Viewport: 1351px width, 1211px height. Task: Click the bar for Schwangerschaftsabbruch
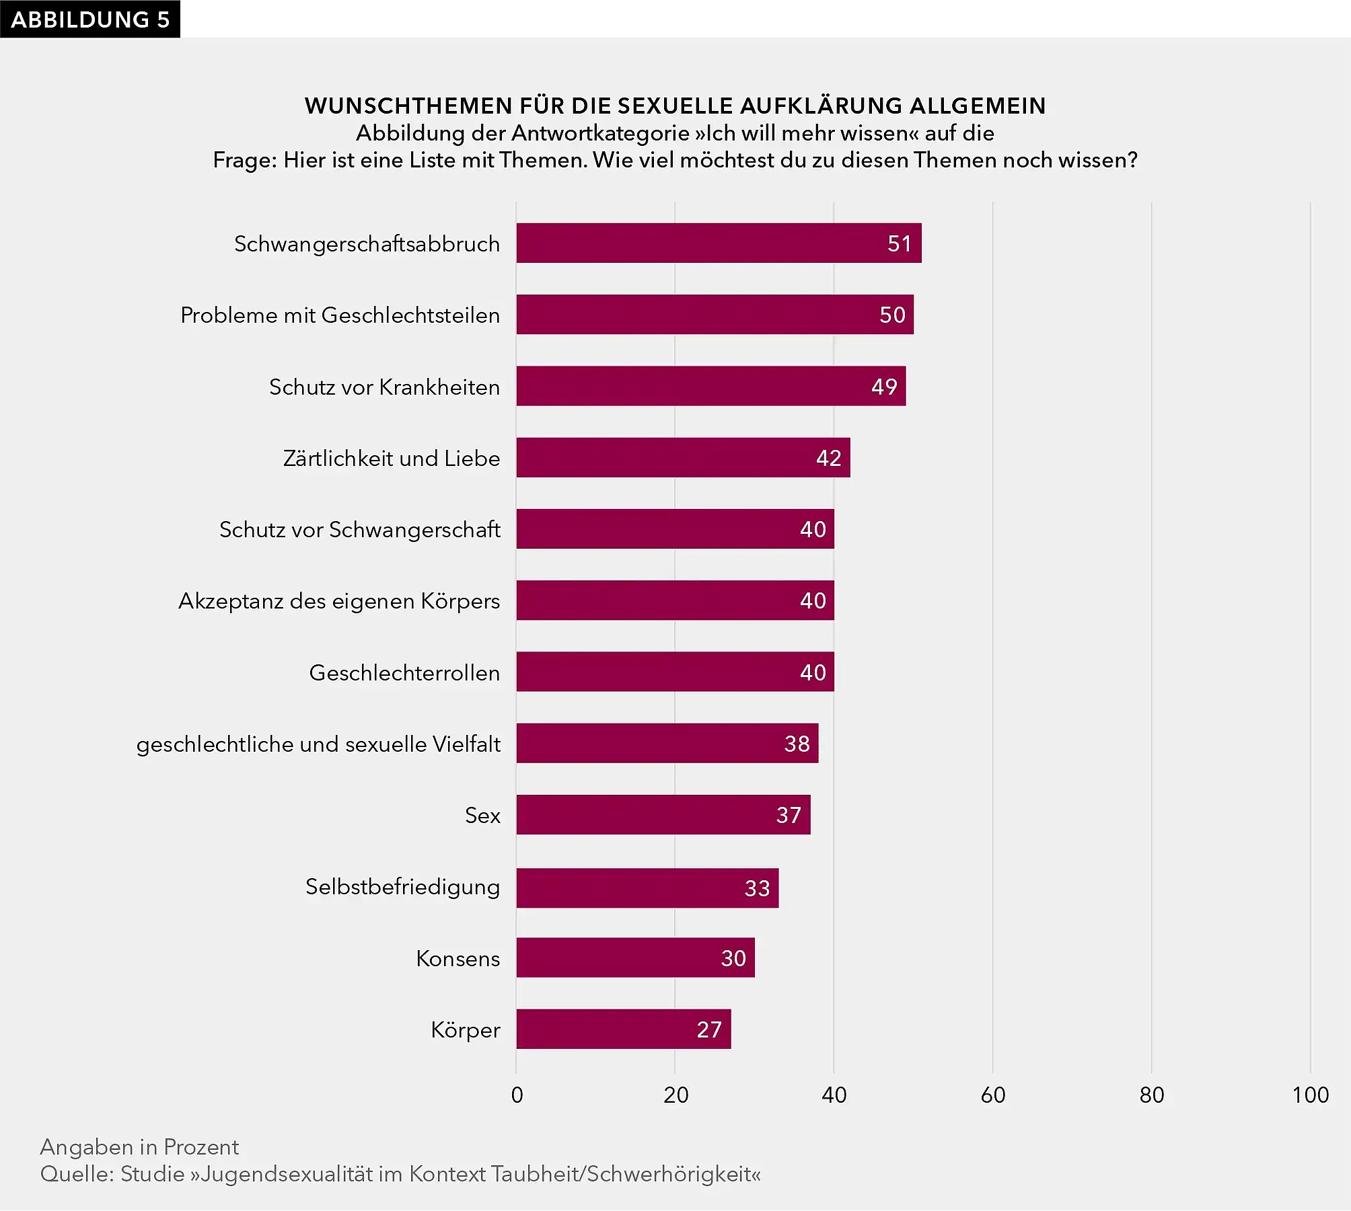(719, 243)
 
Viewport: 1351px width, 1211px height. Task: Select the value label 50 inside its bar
(892, 315)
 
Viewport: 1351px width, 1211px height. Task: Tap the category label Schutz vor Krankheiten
(384, 387)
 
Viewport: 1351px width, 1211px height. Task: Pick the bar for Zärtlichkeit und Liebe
(683, 458)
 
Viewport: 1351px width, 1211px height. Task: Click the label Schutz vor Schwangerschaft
(359, 530)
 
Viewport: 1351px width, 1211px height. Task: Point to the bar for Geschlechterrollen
(675, 672)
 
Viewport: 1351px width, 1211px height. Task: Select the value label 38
(797, 744)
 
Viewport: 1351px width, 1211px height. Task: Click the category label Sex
(482, 816)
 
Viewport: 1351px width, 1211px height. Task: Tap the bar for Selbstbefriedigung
(647, 888)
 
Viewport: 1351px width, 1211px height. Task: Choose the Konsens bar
(635, 958)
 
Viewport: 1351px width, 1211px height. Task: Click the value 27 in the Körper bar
(709, 1029)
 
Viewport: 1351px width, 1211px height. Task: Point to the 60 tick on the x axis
(992, 1095)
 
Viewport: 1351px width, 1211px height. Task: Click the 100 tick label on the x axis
(1310, 1095)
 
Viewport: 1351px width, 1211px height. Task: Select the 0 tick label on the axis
(517, 1095)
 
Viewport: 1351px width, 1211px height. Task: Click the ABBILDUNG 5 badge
(90, 19)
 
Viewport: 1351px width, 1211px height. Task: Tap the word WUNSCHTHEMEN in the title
(408, 106)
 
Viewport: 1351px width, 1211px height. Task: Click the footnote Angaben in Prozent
(139, 1146)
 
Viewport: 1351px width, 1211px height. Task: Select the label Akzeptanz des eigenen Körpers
(339, 601)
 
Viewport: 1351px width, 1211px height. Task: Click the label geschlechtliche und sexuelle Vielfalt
(318, 744)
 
